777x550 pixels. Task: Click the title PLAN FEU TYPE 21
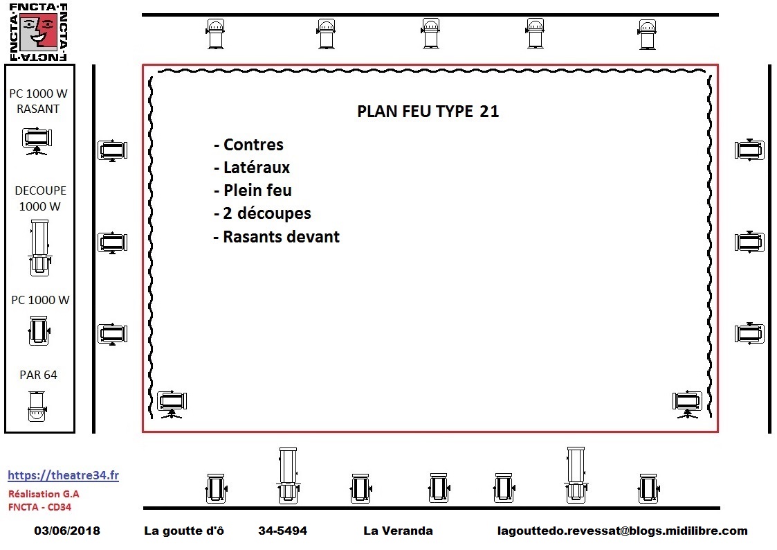point(428,111)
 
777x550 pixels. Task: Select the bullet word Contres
point(253,144)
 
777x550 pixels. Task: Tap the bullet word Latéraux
point(256,167)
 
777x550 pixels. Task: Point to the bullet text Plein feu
point(257,190)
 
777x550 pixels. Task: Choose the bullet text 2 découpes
point(266,213)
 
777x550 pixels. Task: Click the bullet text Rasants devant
point(281,237)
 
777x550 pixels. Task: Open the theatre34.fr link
point(63,475)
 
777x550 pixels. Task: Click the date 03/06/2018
point(67,531)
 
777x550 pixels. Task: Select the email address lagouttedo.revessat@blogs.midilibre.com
point(623,531)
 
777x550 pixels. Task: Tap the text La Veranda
point(398,531)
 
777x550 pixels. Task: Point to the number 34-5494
point(282,531)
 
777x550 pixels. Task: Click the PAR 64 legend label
point(38,375)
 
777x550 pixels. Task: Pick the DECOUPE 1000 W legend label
point(40,198)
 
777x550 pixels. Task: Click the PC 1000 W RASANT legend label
point(38,100)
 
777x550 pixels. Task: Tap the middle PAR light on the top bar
point(430,33)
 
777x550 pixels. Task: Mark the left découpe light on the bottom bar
point(288,476)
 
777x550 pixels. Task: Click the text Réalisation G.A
point(44,494)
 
